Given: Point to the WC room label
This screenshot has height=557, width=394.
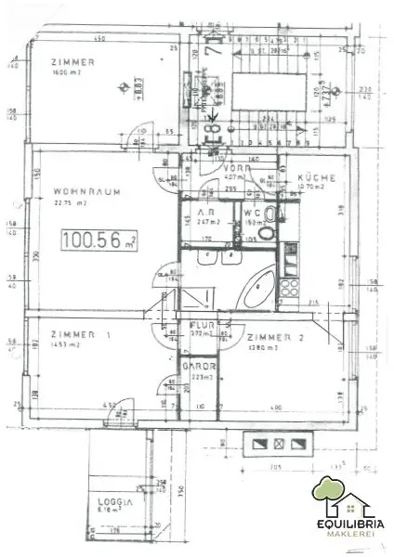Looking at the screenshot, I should point(251,212).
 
